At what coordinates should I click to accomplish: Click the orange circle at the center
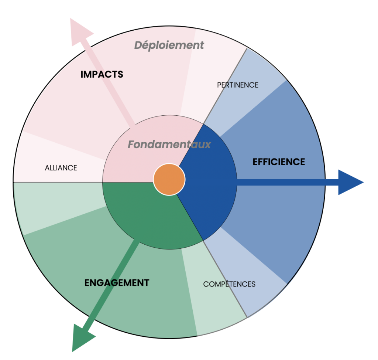coord(169,179)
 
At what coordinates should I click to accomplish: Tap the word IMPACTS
coord(102,74)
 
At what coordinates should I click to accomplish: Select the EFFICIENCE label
coord(279,162)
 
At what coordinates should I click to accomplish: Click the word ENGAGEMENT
coord(117,283)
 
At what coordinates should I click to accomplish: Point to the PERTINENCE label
coord(237,85)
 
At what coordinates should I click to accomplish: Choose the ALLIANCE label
coord(61,168)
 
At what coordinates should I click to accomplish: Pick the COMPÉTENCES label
coord(229,284)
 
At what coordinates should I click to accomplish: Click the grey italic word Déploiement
coord(169,45)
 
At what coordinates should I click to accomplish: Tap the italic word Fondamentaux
coord(169,145)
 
